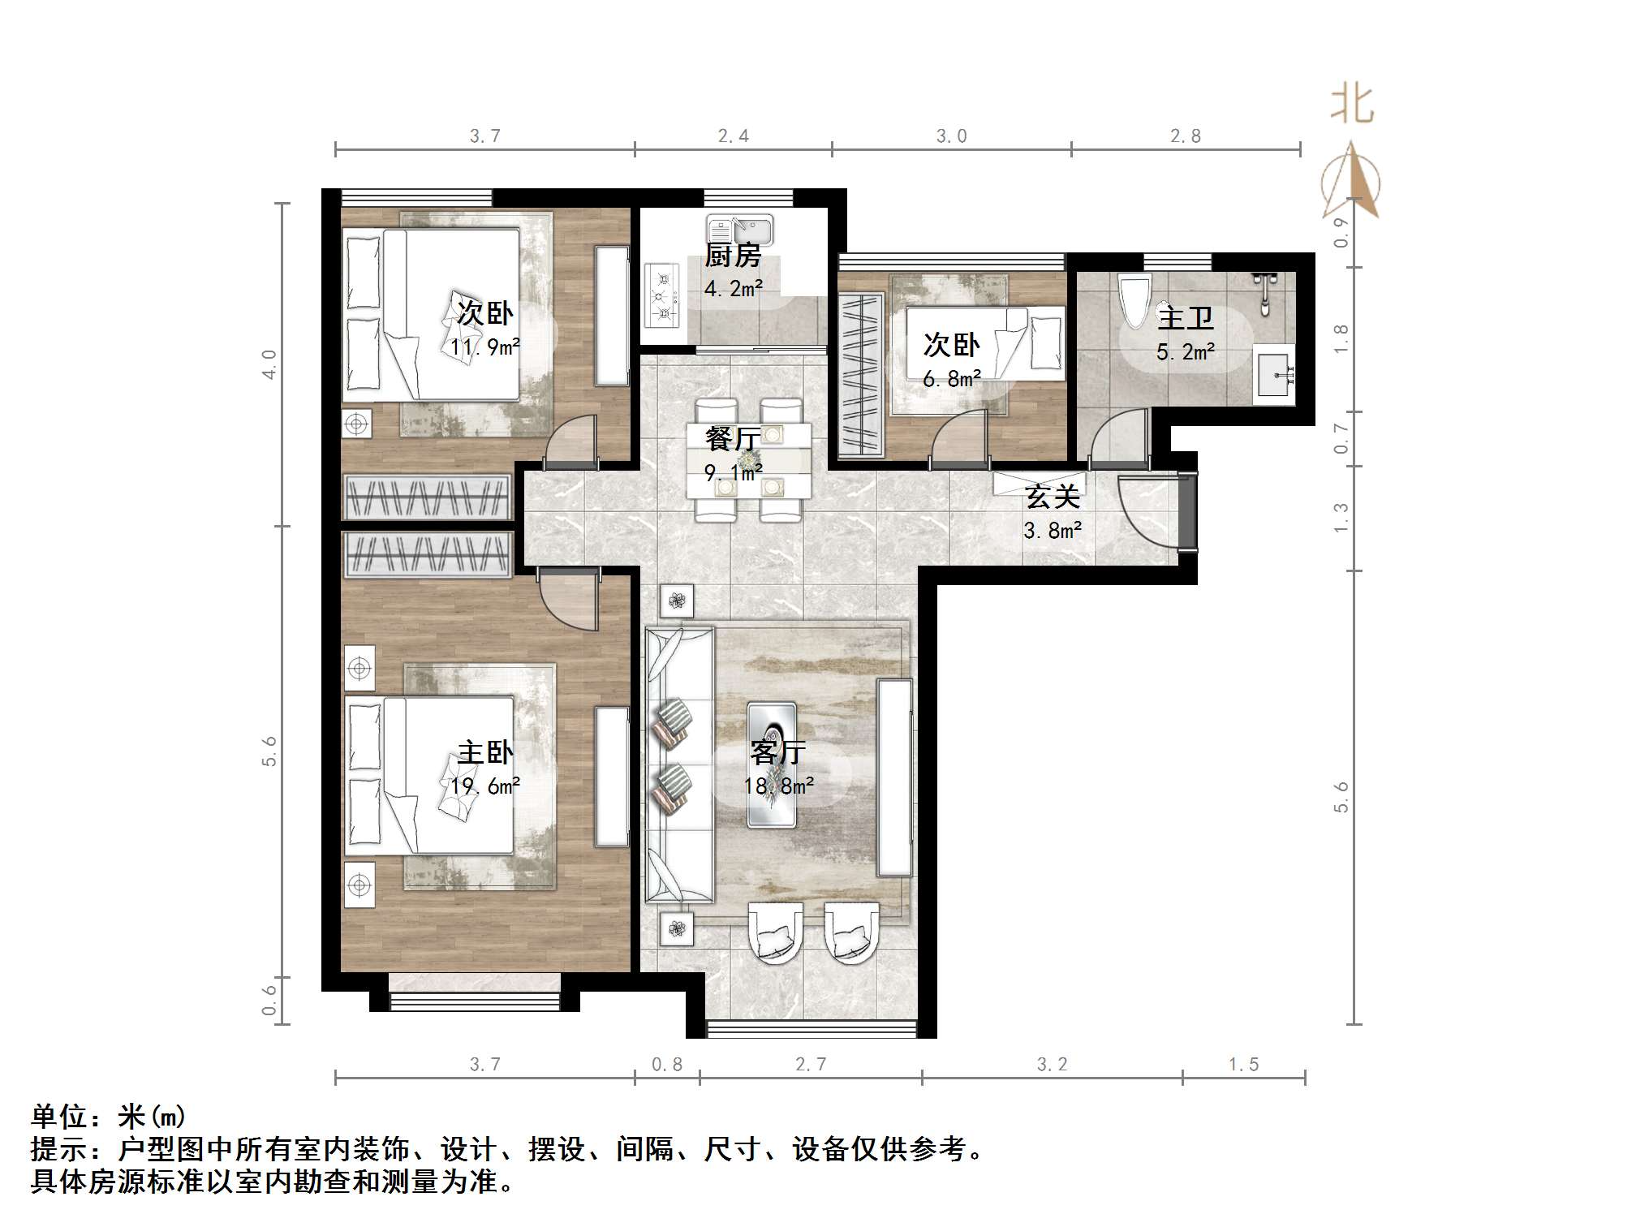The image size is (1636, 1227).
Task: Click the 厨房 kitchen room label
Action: coord(732,256)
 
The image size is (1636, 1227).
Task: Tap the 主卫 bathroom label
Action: coord(1185,318)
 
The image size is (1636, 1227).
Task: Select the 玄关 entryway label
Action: coord(1052,497)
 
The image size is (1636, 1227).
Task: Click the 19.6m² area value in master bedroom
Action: coord(485,786)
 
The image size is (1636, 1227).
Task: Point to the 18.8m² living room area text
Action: coord(779,786)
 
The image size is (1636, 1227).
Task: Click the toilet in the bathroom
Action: coord(1134,300)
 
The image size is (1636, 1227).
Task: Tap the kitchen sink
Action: coord(739,230)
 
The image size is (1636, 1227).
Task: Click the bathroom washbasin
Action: coord(1274,375)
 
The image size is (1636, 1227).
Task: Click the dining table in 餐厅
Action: coord(748,461)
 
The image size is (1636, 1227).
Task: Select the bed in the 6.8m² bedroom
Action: coord(984,343)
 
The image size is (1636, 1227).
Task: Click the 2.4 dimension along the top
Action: coord(733,136)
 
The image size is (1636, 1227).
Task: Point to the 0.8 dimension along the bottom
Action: coord(667,1064)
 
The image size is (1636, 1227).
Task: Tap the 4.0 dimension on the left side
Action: coord(269,364)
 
